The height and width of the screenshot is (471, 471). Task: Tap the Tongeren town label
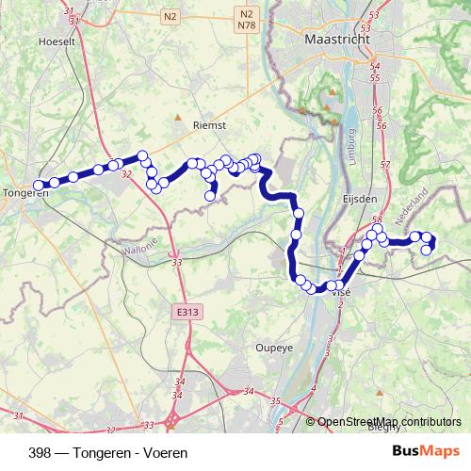[26, 193]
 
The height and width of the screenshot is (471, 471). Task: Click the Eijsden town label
[361, 199]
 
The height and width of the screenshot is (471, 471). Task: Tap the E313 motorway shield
[187, 309]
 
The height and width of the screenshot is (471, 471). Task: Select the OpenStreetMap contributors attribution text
[389, 422]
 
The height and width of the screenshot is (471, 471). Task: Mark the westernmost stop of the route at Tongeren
[39, 186]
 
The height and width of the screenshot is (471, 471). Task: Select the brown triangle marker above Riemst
[178, 118]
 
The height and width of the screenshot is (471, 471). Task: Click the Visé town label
[340, 294]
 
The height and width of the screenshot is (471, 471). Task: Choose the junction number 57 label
[384, 166]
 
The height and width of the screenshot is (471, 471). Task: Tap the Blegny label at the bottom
[384, 428]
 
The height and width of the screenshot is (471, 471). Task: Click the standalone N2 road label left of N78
[171, 16]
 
